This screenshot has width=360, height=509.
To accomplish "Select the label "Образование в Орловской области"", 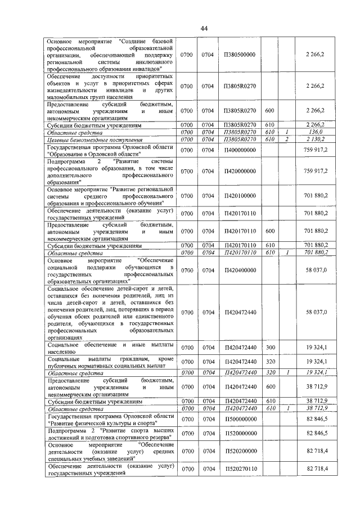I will tap(93, 154).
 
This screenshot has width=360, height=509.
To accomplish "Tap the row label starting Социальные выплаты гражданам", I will tap(110, 362).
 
